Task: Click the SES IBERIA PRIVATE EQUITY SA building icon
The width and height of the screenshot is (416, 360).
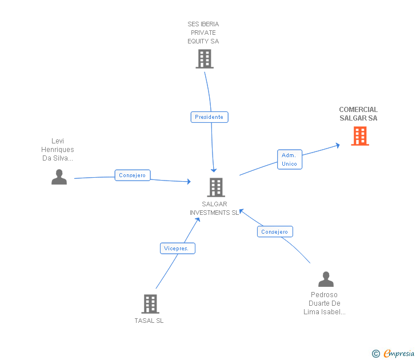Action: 204,59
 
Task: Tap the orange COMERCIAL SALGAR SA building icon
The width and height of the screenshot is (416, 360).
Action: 359,136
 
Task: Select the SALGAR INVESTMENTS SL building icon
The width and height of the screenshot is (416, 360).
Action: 215,187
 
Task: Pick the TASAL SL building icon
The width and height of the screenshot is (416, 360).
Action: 150,304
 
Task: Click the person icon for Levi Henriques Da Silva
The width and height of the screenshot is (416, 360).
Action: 59,177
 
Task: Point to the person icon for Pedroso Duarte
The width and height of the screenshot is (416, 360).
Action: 326,279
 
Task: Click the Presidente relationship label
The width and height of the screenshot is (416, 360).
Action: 209,117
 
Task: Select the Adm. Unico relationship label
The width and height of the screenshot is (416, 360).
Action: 290,159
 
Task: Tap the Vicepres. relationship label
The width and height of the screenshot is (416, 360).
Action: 178,249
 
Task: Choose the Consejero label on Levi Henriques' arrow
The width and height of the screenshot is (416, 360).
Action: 133,175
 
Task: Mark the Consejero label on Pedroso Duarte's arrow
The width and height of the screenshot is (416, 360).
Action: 275,231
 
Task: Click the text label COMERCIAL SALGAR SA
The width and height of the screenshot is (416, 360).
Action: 358,114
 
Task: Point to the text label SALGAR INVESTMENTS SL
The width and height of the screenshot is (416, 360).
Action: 214,209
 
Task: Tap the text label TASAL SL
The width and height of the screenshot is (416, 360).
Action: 149,321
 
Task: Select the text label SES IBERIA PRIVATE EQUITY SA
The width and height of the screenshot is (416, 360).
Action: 203,33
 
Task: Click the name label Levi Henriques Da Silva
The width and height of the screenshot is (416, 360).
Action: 58,150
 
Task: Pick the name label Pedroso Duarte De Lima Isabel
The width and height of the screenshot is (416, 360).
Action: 325,303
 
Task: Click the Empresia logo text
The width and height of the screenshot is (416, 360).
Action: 399,354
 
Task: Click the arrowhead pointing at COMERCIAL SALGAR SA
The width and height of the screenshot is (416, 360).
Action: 338,145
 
